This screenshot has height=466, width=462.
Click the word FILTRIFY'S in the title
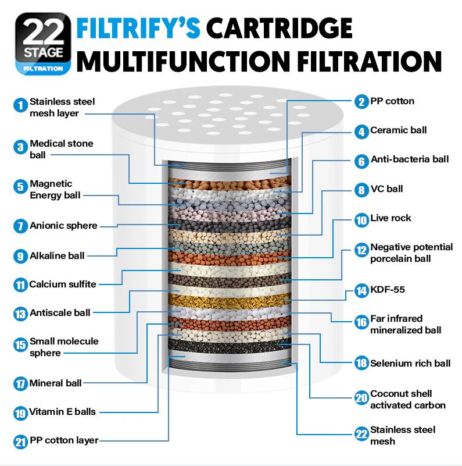point(139,29)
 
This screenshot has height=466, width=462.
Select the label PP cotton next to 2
point(392,101)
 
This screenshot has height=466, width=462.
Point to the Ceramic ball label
point(398,130)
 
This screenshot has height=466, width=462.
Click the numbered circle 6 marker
point(361,161)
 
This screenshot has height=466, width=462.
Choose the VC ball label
point(386,189)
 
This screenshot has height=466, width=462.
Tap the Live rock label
point(391,218)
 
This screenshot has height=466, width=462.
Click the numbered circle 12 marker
point(361,251)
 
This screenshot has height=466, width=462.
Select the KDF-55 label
point(388,289)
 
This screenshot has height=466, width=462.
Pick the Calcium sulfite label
point(63,284)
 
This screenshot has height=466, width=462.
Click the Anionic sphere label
point(63,226)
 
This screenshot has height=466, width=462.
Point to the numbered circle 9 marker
point(21,256)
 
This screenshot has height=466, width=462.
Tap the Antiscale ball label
point(60,313)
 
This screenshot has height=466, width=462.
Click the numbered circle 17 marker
point(21,384)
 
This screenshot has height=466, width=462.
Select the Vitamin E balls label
point(63,412)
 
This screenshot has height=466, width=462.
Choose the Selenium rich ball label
point(410,364)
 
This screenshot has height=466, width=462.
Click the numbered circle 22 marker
point(361,434)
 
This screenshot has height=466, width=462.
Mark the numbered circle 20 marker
point(361,399)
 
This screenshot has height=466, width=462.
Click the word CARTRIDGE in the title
point(280,29)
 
